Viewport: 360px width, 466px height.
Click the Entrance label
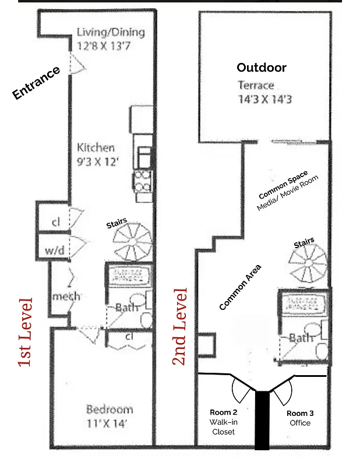click(36, 83)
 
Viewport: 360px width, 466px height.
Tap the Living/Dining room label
click(110, 38)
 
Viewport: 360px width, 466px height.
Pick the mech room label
click(66, 296)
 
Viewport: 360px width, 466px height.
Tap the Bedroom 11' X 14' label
click(110, 415)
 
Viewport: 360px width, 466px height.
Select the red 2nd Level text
click(180, 326)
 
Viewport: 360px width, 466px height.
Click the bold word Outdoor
click(261, 68)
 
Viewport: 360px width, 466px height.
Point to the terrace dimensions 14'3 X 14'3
click(264, 100)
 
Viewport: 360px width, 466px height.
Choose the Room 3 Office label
click(300, 418)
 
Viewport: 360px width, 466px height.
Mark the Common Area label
click(240, 287)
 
